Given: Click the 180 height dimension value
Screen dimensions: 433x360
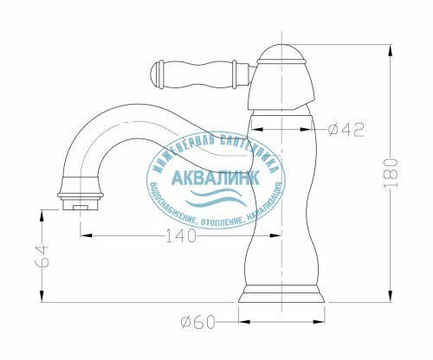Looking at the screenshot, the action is click(391, 173).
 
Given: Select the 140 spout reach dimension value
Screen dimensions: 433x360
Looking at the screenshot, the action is click(181, 235).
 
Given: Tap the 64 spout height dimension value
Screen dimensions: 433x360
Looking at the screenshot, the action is click(42, 256).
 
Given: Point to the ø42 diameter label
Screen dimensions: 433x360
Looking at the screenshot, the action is click(346, 130).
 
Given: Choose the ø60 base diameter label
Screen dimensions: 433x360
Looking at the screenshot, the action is click(198, 322).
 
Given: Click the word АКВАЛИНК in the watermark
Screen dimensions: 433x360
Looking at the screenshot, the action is click(216, 177).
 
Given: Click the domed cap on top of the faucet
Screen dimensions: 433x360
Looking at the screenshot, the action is click(281, 54).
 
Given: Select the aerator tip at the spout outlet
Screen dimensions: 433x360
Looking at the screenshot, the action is click(81, 203).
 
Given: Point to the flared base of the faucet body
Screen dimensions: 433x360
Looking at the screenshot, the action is click(281, 294).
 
